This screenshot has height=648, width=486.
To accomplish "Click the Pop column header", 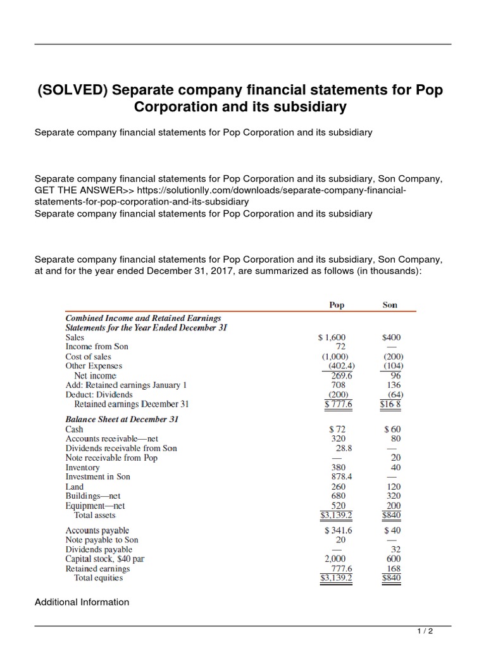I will tap(337, 305).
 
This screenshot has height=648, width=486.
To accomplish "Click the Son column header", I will tap(390, 305).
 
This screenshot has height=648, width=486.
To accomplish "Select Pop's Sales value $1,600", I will tap(332, 338).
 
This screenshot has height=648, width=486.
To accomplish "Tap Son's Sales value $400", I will tap(392, 338).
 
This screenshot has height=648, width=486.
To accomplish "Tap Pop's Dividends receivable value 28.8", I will tap(340, 448).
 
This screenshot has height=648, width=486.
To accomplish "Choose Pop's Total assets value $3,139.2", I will tap(337, 515).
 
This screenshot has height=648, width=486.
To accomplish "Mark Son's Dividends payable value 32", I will tap(397, 549).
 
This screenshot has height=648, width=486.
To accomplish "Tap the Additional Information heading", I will tap(82, 602).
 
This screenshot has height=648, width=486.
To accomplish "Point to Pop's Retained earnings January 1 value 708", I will tap(340, 385).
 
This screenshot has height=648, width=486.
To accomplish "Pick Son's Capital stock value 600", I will tap(393, 559).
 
